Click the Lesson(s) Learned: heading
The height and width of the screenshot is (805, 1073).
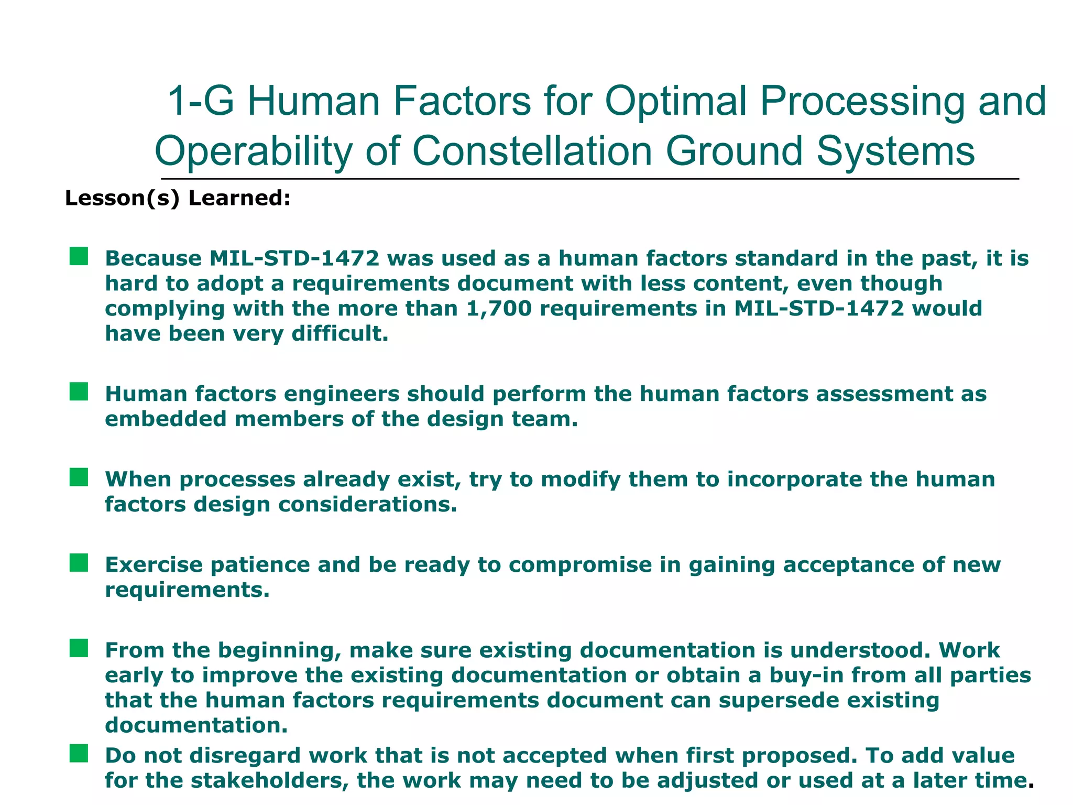click(x=178, y=198)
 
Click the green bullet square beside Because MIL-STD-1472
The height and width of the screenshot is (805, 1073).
click(x=79, y=257)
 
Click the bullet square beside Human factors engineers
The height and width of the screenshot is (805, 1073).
click(x=79, y=391)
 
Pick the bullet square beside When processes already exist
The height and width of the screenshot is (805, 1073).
click(x=79, y=477)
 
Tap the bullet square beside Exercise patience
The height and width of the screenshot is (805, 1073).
click(x=79, y=563)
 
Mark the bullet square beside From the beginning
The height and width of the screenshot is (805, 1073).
click(x=79, y=648)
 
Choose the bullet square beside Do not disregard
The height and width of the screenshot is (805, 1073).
click(x=79, y=754)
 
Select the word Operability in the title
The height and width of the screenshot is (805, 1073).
click(x=253, y=151)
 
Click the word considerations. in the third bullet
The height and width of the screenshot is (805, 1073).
click(x=367, y=504)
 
